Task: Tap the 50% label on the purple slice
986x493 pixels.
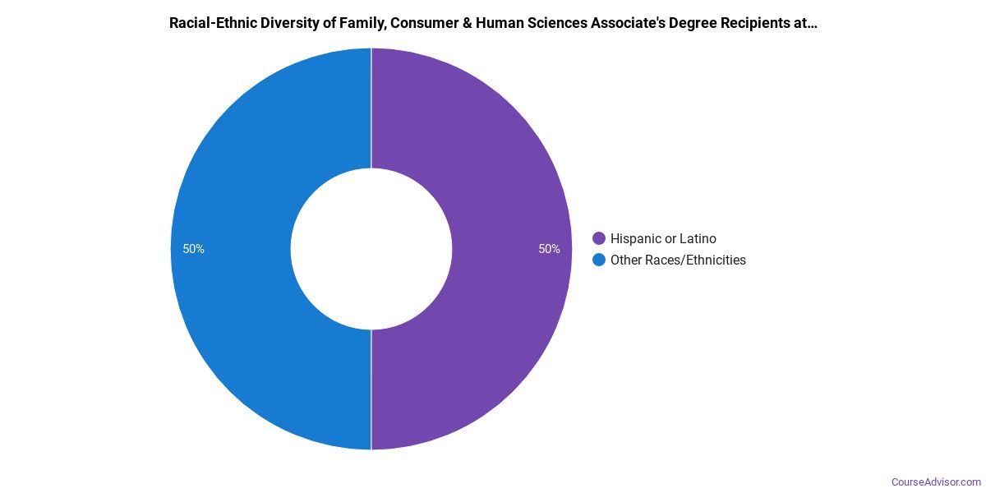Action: [549, 249]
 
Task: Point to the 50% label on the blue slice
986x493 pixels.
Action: [194, 249]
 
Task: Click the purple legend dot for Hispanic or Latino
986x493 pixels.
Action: [599, 239]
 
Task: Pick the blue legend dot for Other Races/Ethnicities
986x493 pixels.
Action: [599, 260]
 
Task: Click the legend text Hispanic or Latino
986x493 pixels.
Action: [663, 239]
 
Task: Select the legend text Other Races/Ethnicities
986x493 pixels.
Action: [678, 260]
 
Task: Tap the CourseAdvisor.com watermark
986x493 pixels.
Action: [936, 481]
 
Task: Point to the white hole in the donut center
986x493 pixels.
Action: [371, 249]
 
